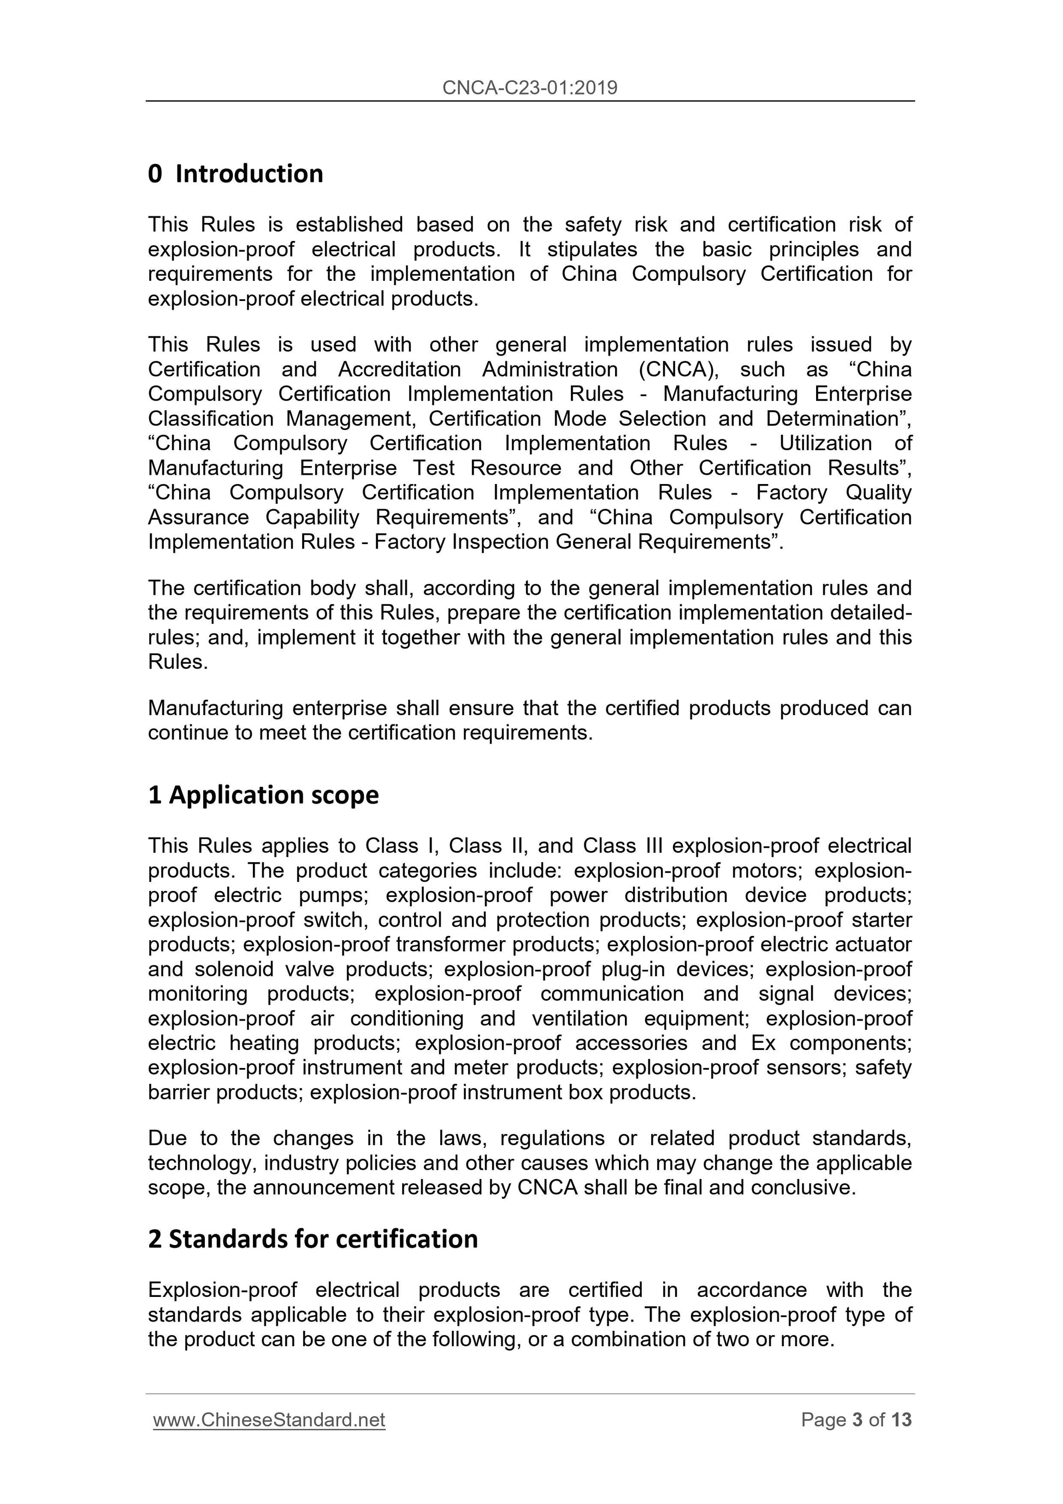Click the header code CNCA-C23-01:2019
[x=530, y=88]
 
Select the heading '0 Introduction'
[x=236, y=174]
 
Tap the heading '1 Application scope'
[x=263, y=795]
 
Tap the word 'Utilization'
[x=825, y=444]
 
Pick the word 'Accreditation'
[x=399, y=369]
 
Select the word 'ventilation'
[x=580, y=1019]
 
